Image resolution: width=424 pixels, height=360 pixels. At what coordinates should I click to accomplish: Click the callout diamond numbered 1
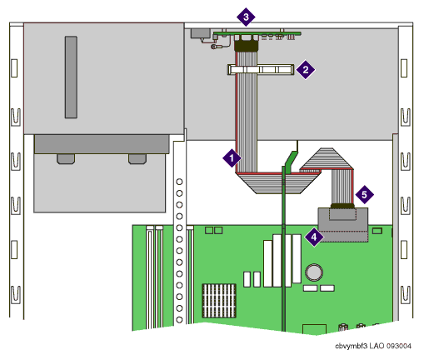pyautogui.click(x=232, y=158)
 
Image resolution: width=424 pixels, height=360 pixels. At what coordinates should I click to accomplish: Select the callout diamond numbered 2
pyautogui.click(x=306, y=69)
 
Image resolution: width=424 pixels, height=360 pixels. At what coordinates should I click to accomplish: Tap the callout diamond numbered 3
pyautogui.click(x=246, y=17)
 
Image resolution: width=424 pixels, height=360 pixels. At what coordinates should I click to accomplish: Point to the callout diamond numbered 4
pyautogui.click(x=314, y=237)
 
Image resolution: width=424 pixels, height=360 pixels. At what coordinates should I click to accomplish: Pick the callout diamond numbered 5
pyautogui.click(x=364, y=194)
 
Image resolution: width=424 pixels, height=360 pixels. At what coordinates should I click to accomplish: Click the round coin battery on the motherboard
pyautogui.click(x=314, y=272)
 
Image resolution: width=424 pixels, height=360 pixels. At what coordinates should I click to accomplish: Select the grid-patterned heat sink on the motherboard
pyautogui.click(x=219, y=301)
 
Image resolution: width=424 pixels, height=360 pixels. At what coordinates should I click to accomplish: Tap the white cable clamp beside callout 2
pyautogui.click(x=261, y=69)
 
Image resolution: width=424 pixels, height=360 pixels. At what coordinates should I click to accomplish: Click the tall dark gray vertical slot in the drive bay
pyautogui.click(x=71, y=77)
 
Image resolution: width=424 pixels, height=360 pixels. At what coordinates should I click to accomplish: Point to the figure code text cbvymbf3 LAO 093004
pyautogui.click(x=373, y=346)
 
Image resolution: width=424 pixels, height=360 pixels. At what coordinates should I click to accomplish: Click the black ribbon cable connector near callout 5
pyautogui.click(x=342, y=206)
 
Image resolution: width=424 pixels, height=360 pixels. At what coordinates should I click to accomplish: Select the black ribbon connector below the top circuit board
pyautogui.click(x=247, y=46)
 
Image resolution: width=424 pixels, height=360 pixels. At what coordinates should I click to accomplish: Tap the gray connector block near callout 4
pyautogui.click(x=343, y=225)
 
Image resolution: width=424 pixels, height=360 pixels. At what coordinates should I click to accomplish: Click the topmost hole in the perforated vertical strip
pyautogui.click(x=179, y=182)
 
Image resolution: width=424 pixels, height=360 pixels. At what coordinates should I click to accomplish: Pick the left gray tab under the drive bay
pyautogui.click(x=66, y=159)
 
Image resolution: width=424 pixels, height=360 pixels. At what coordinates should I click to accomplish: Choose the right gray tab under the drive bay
pyautogui.click(x=137, y=159)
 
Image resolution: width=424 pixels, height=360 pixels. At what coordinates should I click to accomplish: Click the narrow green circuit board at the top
pyautogui.click(x=257, y=34)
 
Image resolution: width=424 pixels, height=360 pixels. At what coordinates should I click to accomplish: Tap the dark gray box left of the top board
pyautogui.click(x=201, y=33)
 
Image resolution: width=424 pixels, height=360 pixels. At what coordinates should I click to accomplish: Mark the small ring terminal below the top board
pyautogui.click(x=214, y=47)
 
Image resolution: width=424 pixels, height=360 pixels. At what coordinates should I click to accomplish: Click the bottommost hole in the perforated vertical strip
pyautogui.click(x=179, y=320)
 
